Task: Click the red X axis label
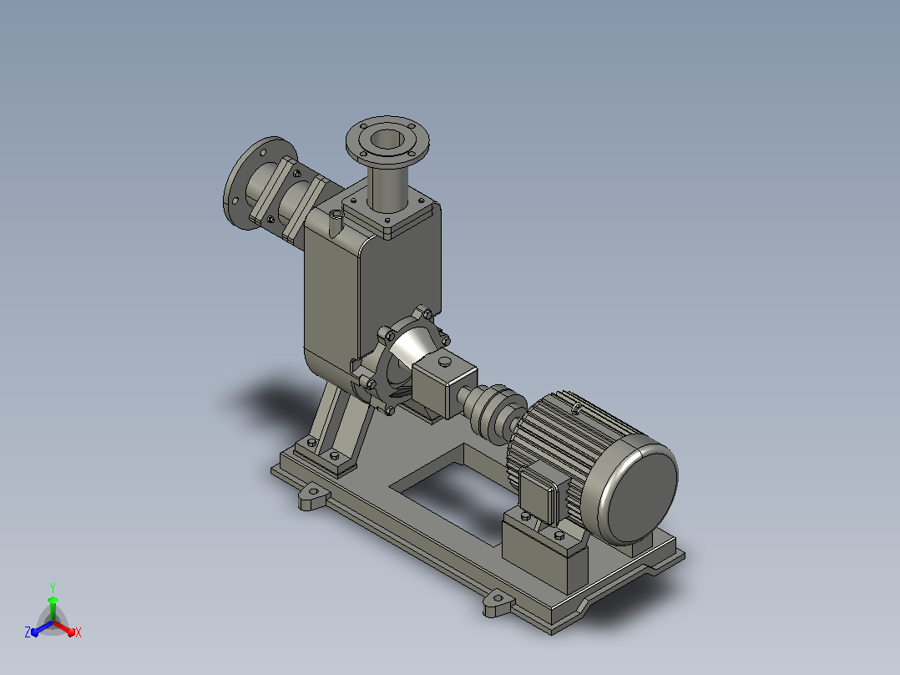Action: tap(78, 632)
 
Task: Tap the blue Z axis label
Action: tap(27, 632)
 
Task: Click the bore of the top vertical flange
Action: tap(387, 139)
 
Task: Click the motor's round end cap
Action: tap(638, 489)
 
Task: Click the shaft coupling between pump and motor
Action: tap(493, 409)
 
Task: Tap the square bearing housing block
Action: tap(444, 382)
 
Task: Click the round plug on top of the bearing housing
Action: tap(445, 362)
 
